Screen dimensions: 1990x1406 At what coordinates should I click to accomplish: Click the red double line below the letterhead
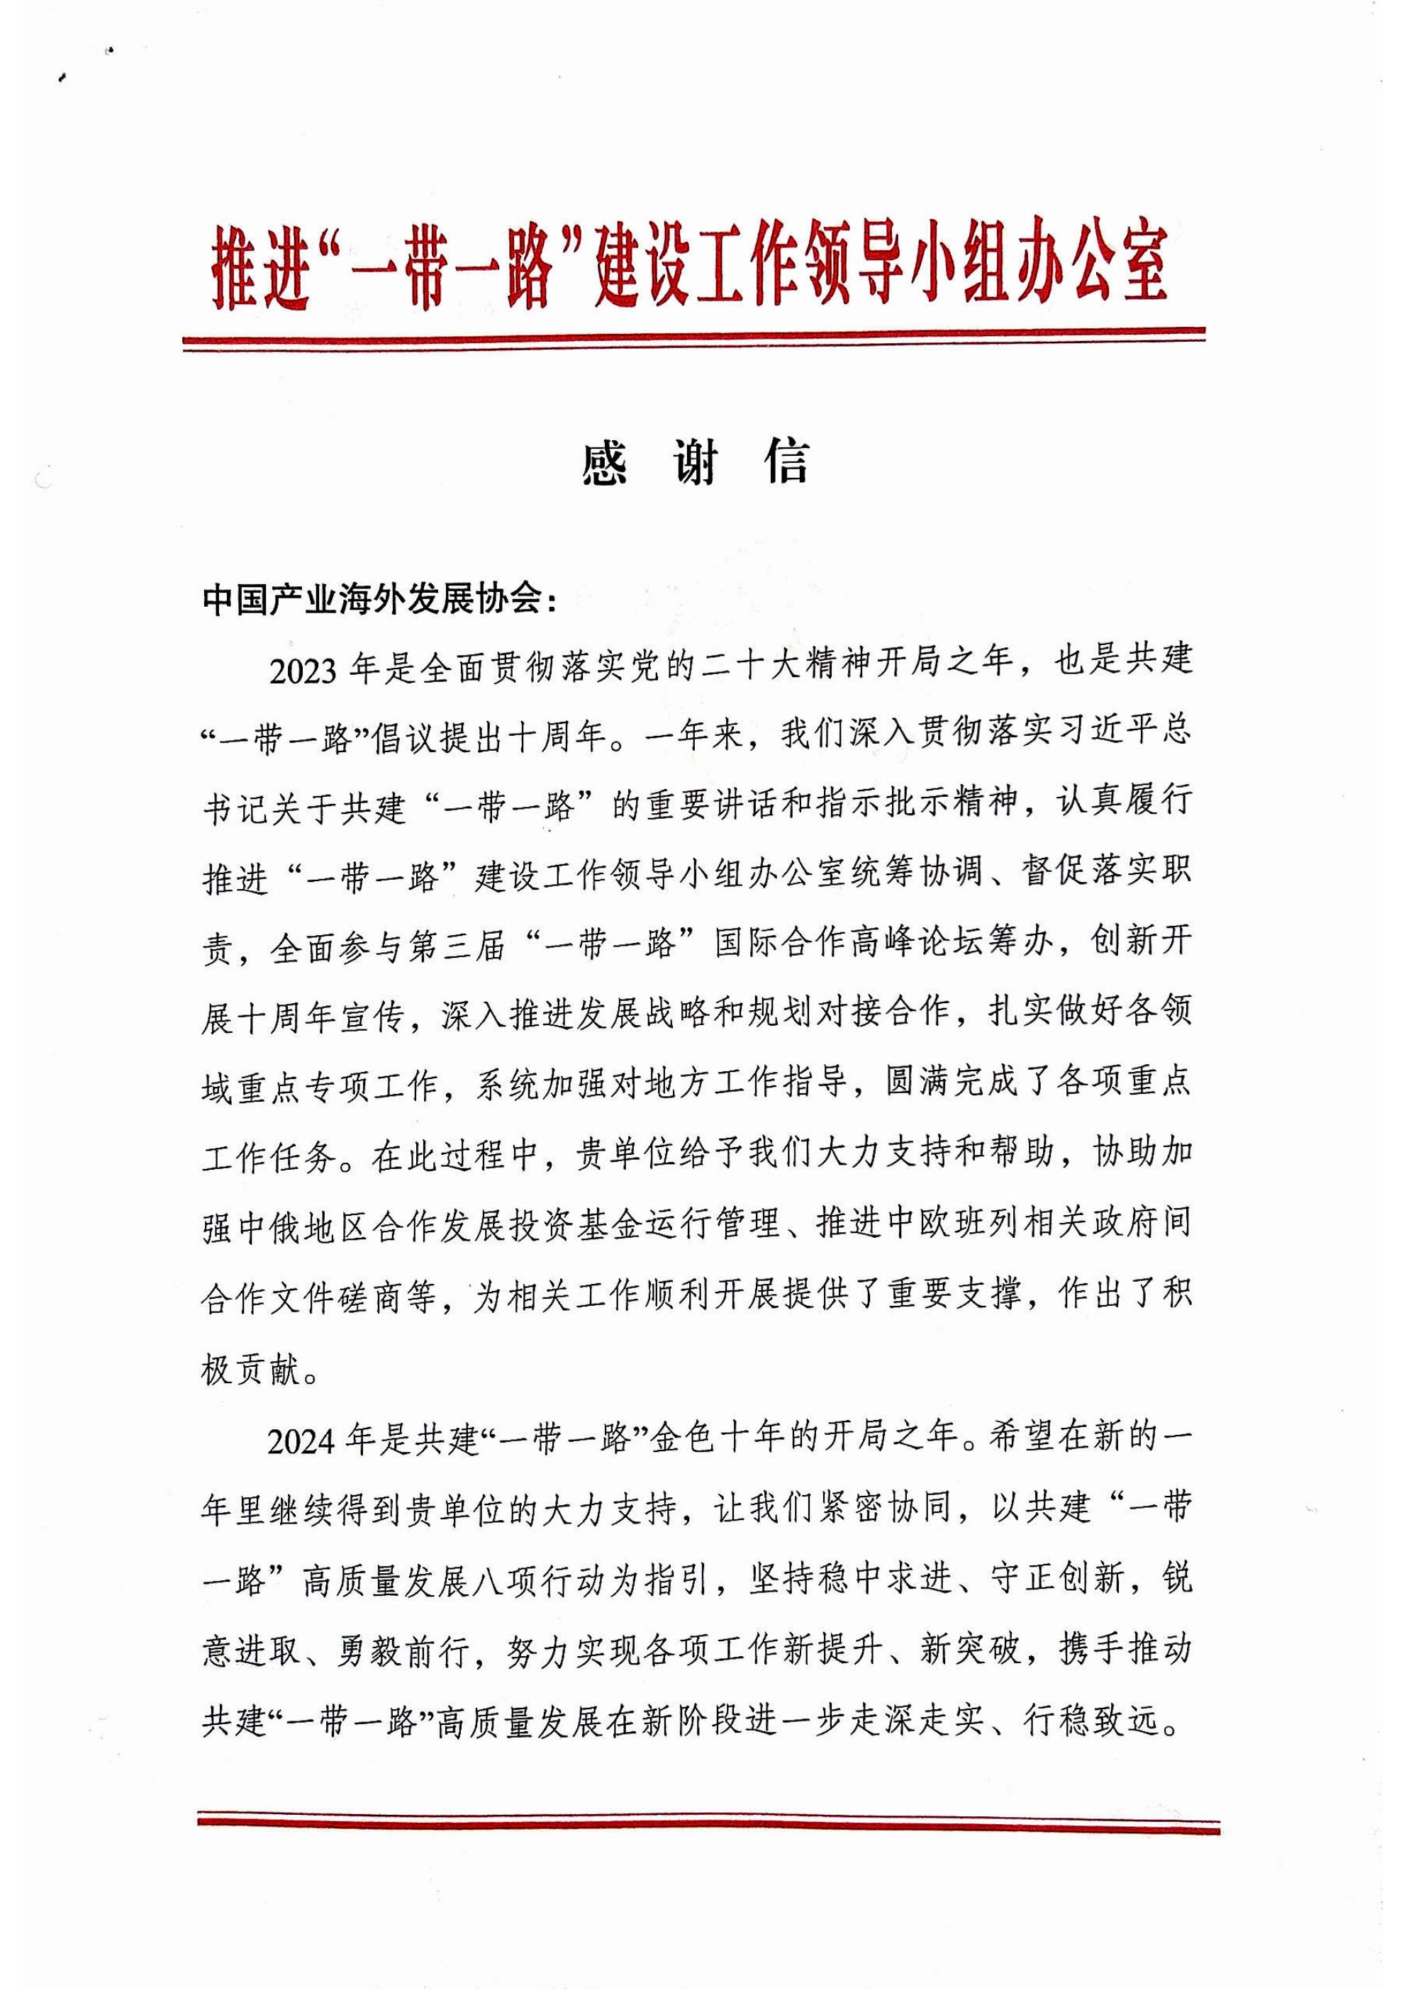(693, 338)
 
